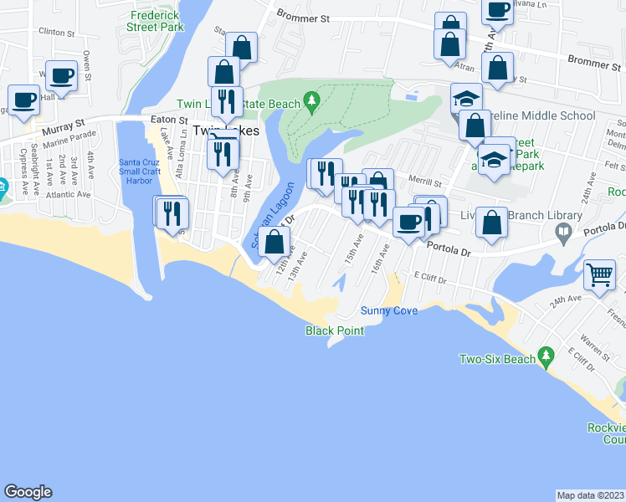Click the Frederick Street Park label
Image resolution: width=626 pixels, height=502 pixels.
(155, 21)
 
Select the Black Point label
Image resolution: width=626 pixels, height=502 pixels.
(335, 330)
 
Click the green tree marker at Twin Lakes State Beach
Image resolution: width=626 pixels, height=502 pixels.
(312, 102)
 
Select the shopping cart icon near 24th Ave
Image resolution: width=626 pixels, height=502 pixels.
(600, 274)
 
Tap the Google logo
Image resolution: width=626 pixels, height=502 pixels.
(28, 492)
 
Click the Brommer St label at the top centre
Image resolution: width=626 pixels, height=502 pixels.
(305, 18)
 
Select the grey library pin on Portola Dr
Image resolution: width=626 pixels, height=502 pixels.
(564, 230)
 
